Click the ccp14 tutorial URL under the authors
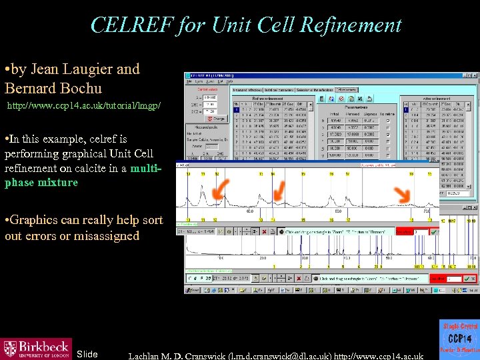coord(83,106)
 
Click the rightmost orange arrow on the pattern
coord(402,194)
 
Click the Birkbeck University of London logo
coord(36,349)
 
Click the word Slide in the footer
coord(87,354)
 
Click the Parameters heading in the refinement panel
coord(361,106)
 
